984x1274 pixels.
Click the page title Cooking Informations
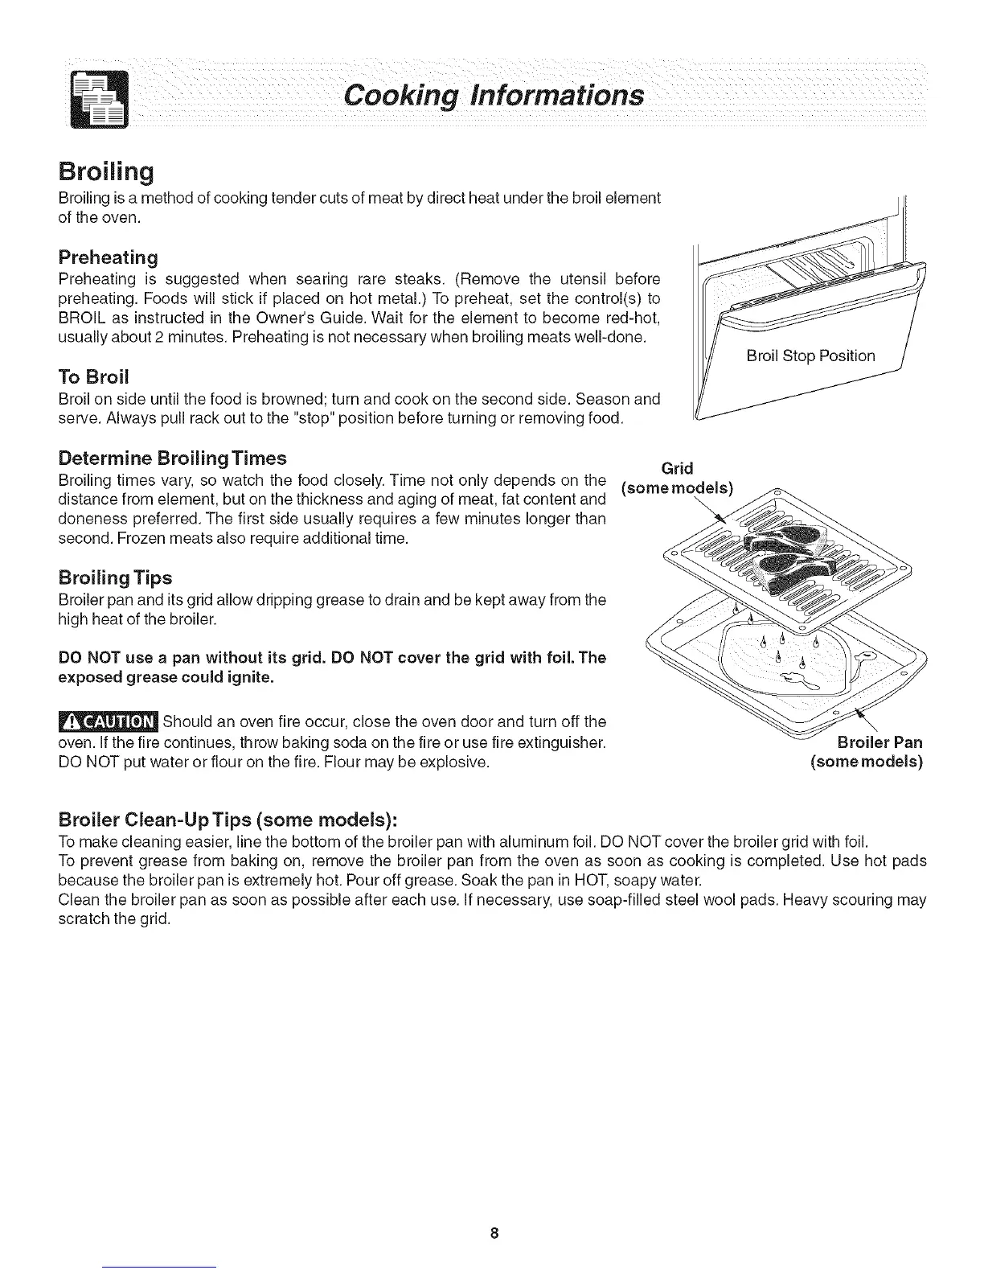(x=492, y=95)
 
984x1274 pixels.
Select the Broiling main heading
(x=106, y=172)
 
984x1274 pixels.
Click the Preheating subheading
(x=108, y=257)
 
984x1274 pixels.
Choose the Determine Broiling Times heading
(x=173, y=458)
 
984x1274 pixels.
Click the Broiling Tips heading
(x=116, y=577)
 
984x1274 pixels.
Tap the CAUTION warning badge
(x=109, y=718)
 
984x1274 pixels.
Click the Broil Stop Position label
(x=810, y=355)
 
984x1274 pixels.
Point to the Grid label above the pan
(x=677, y=468)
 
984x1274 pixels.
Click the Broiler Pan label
(x=879, y=742)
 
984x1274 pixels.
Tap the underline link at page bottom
(x=161, y=1268)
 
